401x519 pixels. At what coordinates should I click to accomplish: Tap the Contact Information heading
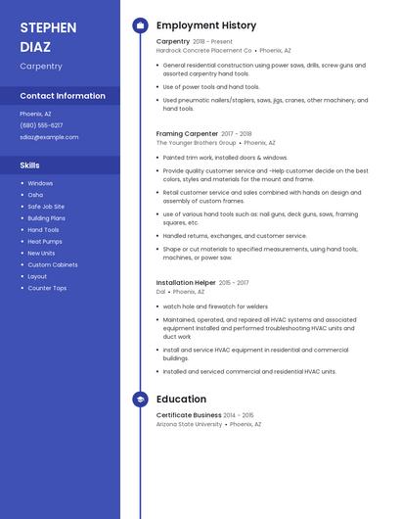click(x=63, y=96)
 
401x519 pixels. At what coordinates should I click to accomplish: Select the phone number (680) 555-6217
click(x=41, y=125)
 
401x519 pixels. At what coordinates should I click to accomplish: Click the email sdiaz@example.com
click(x=49, y=137)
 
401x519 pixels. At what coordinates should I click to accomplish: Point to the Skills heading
click(x=30, y=165)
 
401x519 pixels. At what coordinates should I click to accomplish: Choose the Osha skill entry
click(x=35, y=195)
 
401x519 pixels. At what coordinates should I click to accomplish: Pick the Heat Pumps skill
click(x=45, y=241)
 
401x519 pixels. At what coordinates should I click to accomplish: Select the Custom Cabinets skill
click(x=53, y=264)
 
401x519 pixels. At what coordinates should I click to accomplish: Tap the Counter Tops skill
click(x=47, y=288)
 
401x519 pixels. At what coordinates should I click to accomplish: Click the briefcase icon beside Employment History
click(x=141, y=25)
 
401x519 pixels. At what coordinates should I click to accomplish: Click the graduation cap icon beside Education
click(x=141, y=400)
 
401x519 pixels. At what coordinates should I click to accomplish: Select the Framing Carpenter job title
click(x=187, y=133)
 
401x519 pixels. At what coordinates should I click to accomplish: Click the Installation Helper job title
click(x=186, y=282)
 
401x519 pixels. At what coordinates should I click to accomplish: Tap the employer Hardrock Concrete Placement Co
click(x=204, y=49)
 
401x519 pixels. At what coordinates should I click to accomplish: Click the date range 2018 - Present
click(x=213, y=41)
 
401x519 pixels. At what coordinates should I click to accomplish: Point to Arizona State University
click(x=190, y=424)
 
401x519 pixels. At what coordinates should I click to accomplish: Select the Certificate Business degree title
click(x=189, y=415)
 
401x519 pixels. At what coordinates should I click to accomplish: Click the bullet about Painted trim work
click(x=225, y=157)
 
